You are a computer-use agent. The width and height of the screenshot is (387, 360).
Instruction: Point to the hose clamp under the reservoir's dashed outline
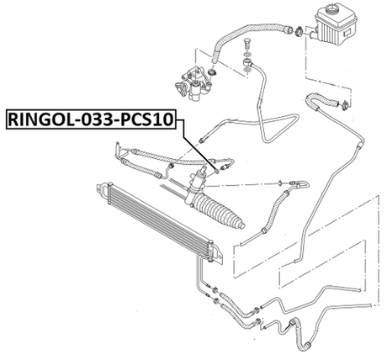344,104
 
